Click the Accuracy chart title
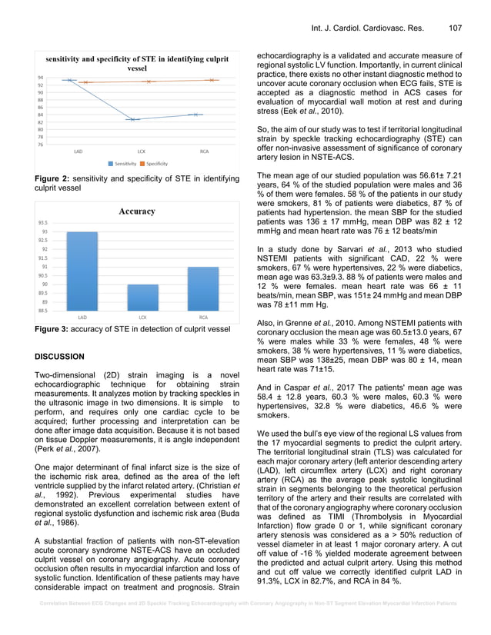pyautogui.click(x=135, y=211)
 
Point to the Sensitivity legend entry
pyautogui.click(x=124, y=164)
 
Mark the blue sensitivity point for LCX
pyautogui.click(x=134, y=120)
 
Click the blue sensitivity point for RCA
pyautogui.click(x=196, y=115)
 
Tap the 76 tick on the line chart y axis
pyautogui.click(x=39, y=145)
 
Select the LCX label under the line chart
pyautogui.click(x=142, y=151)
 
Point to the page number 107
pyautogui.click(x=454, y=28)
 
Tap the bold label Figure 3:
pyautogui.click(x=58, y=330)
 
